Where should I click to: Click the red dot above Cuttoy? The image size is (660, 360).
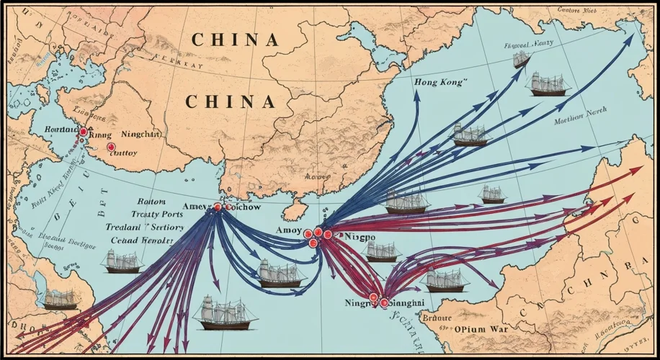coord(110,146)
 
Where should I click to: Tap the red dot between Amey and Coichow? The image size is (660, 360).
coord(217,207)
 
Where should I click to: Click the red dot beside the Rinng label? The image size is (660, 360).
coord(84,132)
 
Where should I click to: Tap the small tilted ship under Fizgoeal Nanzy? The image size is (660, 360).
coord(521,59)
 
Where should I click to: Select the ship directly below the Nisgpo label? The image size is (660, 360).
coord(382,251)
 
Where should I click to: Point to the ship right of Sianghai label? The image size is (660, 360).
coord(447,279)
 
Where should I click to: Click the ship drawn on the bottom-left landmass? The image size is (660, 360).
coord(61,300)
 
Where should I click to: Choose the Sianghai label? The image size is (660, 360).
coord(409,303)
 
